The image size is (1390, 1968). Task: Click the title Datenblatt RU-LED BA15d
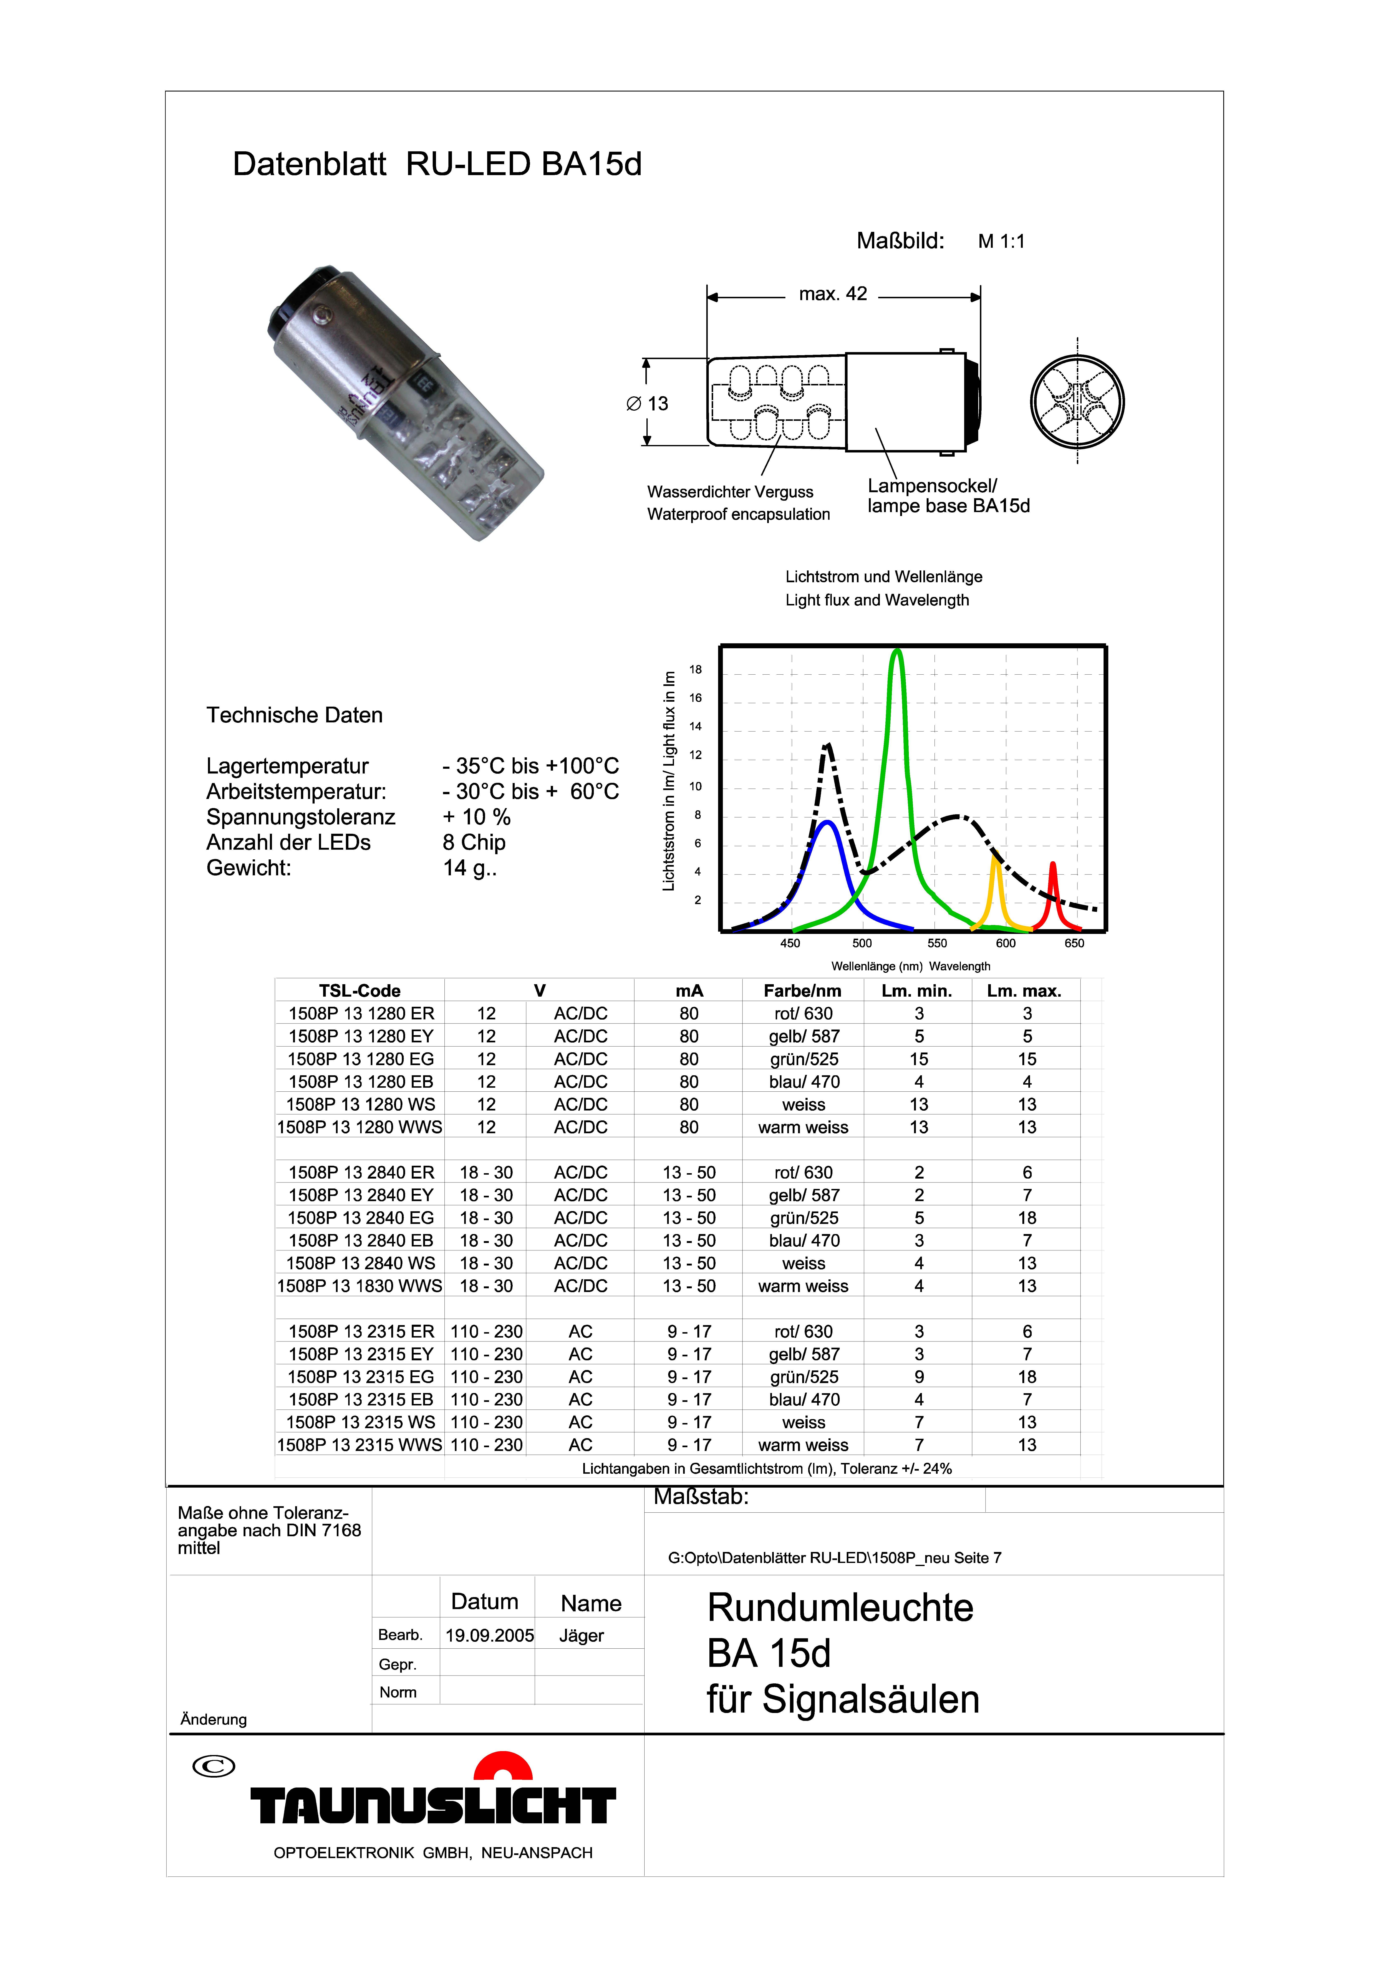click(x=437, y=164)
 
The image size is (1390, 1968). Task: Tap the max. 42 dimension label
click(x=833, y=294)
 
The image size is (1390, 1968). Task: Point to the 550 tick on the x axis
click(x=937, y=943)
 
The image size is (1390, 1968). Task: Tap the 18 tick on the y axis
click(x=696, y=669)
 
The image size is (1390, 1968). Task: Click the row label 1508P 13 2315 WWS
click(x=359, y=1445)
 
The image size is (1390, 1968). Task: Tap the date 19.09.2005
click(x=489, y=1635)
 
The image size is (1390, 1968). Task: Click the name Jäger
click(x=581, y=1635)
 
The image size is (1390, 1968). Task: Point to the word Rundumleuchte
click(x=840, y=1608)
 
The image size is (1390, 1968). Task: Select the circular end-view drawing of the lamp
click(x=1077, y=402)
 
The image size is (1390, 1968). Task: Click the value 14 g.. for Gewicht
click(x=470, y=868)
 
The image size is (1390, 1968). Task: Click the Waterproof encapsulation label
click(x=738, y=514)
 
